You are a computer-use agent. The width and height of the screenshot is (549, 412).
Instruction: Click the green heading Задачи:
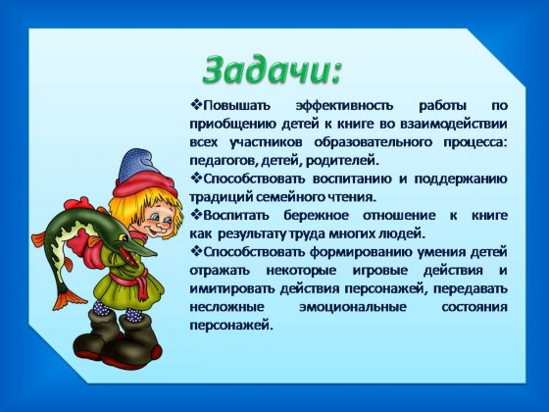(271, 70)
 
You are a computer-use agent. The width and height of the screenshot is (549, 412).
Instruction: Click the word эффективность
(344, 106)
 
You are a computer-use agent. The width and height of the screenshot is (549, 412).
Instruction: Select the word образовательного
(373, 142)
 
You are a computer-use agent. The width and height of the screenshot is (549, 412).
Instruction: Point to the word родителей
(343, 161)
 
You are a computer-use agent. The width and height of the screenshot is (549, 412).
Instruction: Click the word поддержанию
(461, 180)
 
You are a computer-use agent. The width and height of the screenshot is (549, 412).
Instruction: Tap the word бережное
(316, 216)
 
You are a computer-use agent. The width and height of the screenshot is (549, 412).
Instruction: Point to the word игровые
(379, 271)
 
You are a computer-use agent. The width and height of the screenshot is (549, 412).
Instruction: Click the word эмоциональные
(353, 307)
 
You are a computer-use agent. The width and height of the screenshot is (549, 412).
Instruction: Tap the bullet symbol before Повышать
(196, 105)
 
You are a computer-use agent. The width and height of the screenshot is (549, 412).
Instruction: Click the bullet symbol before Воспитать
(196, 215)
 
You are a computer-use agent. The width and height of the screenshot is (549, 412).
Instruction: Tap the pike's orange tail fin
(70, 299)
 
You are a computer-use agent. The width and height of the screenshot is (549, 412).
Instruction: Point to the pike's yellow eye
(124, 237)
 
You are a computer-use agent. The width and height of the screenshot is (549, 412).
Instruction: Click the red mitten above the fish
(77, 204)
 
